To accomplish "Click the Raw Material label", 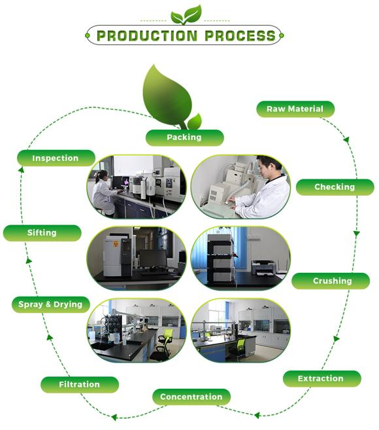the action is pyautogui.click(x=295, y=109).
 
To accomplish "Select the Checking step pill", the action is pyautogui.click(x=335, y=187).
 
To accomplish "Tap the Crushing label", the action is pyautogui.click(x=331, y=281).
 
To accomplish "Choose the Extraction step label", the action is pyautogui.click(x=321, y=379).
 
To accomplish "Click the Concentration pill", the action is pyautogui.click(x=191, y=397).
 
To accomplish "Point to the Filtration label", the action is pyautogui.click(x=80, y=384).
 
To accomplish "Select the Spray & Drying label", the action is pyautogui.click(x=51, y=304).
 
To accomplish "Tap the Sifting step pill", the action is pyautogui.click(x=42, y=233).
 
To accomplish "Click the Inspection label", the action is pyautogui.click(x=56, y=158).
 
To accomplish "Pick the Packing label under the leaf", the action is pyautogui.click(x=184, y=137).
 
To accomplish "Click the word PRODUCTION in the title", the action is pyautogui.click(x=147, y=36).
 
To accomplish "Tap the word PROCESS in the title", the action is pyautogui.click(x=240, y=36).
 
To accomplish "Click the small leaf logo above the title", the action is pyautogui.click(x=186, y=15).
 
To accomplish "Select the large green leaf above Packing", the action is pyautogui.click(x=167, y=96).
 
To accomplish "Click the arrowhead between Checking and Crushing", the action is pyautogui.click(x=356, y=234).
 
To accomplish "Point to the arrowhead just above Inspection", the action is pyautogui.click(x=21, y=170).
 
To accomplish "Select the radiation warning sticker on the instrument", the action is pyautogui.click(x=116, y=243).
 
